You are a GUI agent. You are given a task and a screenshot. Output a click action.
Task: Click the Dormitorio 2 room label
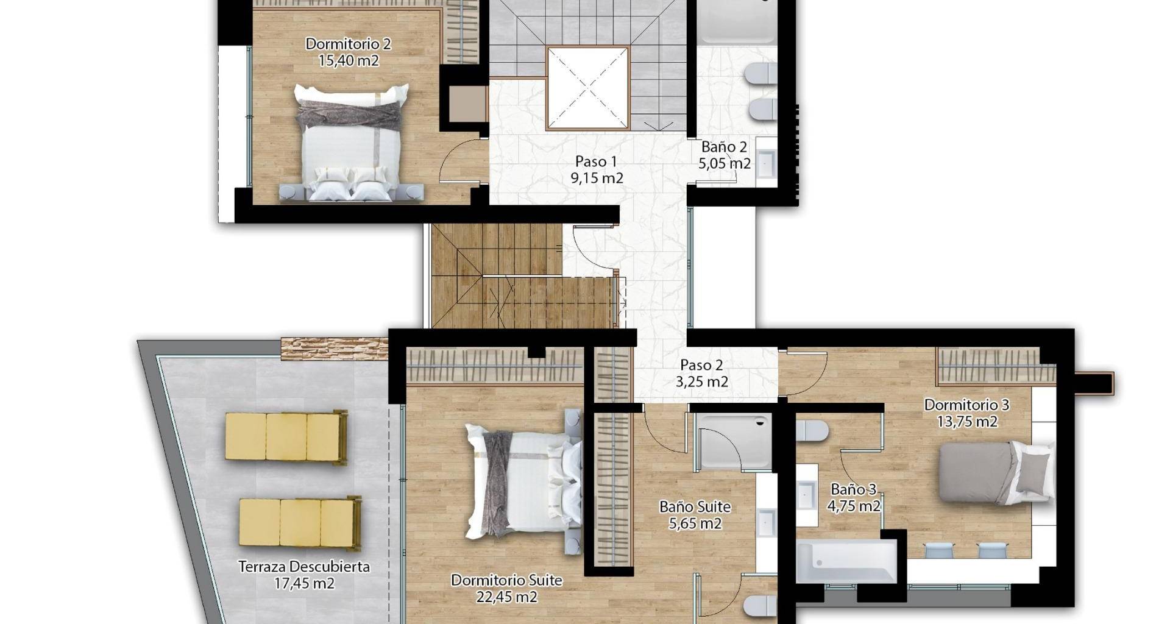tap(348, 44)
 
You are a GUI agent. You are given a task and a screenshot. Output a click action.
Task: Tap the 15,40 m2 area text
tap(349, 60)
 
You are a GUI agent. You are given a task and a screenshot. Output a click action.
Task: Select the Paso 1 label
tap(596, 161)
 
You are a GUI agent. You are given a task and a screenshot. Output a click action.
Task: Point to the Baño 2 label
tap(724, 147)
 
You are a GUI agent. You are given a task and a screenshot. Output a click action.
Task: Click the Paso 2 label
tap(701, 365)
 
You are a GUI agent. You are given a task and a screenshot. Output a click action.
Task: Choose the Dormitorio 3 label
tap(966, 405)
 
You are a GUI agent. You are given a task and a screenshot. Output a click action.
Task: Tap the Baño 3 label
tap(853, 489)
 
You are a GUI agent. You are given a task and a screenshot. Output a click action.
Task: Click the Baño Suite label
tap(695, 506)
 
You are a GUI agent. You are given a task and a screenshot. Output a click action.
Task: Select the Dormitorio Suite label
tap(506, 580)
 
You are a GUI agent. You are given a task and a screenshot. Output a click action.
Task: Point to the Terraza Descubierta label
tap(304, 567)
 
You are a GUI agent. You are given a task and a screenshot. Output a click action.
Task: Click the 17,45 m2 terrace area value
tap(304, 583)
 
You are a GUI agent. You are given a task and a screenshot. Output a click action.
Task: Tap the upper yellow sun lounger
tap(286, 437)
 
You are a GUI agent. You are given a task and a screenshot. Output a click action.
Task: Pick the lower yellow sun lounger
tap(300, 523)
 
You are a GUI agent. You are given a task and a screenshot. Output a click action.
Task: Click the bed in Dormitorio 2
tap(351, 143)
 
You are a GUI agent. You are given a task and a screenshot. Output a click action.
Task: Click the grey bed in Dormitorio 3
tap(996, 473)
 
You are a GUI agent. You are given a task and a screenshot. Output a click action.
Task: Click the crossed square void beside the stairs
tap(587, 88)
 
